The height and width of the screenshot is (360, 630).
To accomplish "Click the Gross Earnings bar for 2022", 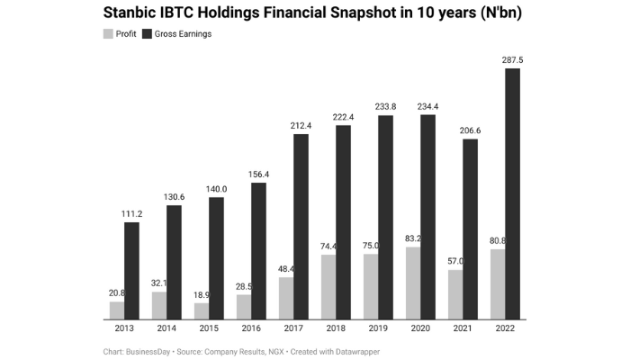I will pyautogui.click(x=512, y=193).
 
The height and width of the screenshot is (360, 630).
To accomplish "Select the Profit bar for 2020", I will pyautogui.click(x=412, y=283).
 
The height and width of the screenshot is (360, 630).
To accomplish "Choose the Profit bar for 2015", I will pyautogui.click(x=202, y=310).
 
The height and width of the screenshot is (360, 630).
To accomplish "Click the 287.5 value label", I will pyautogui.click(x=512, y=60).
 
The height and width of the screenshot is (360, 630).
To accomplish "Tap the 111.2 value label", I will pyautogui.click(x=131, y=213).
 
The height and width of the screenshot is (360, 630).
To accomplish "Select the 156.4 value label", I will pyautogui.click(x=258, y=175).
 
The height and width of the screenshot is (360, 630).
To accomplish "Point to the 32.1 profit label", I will pyautogui.click(x=160, y=283).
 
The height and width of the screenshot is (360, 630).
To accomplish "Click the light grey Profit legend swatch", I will pyautogui.click(x=108, y=34).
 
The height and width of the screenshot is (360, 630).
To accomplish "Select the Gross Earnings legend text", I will pyautogui.click(x=183, y=34).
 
